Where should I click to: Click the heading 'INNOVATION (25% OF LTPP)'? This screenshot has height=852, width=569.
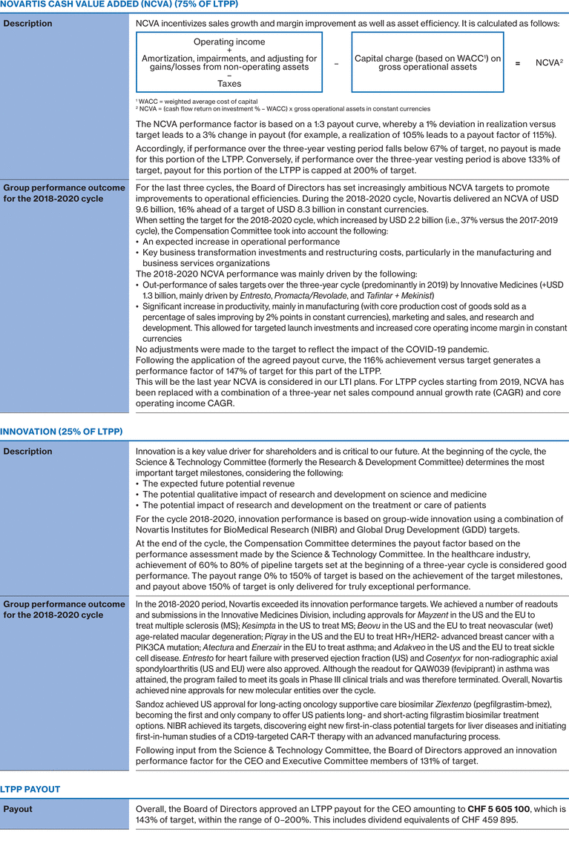pos(61,431)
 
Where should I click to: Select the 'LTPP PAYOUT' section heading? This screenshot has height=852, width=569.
pos(30,790)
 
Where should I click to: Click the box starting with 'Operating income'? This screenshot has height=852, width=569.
pos(229,62)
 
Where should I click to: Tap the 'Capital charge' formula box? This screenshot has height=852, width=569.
pos(427,62)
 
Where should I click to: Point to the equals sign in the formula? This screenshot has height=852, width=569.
pos(517,63)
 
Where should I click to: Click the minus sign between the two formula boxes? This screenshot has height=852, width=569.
pos(336,63)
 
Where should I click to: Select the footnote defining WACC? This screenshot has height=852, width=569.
pos(197,101)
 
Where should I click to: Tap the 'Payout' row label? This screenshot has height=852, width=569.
pos(18,809)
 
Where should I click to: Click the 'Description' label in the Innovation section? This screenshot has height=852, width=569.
pos(28,451)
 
